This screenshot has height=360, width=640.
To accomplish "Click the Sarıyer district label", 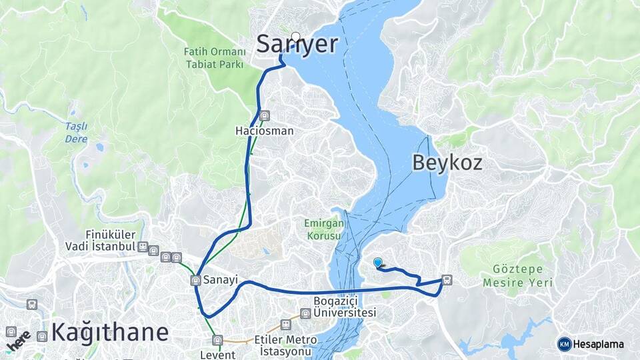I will [x=297, y=44].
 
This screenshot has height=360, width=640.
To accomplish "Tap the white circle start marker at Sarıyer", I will [x=296, y=37].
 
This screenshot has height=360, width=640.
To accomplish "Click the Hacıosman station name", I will [x=264, y=131].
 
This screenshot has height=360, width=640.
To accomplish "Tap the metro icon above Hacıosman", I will [x=265, y=115].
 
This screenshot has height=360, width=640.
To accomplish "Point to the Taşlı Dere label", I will [x=76, y=133].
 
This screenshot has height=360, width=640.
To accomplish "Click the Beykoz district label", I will [x=447, y=162].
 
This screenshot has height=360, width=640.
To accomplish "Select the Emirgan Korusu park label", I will [x=324, y=230].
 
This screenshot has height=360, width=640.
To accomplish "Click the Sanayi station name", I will [x=221, y=280].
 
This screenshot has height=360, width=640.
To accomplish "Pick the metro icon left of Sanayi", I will [x=196, y=280].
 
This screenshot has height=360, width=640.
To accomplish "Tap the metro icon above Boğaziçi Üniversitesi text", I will [x=305, y=313].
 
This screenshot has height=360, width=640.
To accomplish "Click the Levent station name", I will [x=217, y=354].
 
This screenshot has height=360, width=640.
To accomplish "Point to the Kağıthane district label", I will [x=110, y=331].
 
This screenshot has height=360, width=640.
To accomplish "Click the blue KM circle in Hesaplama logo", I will [x=564, y=344].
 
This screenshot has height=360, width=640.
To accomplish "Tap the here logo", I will [x=19, y=340].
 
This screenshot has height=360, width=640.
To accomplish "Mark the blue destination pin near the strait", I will [x=378, y=263].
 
